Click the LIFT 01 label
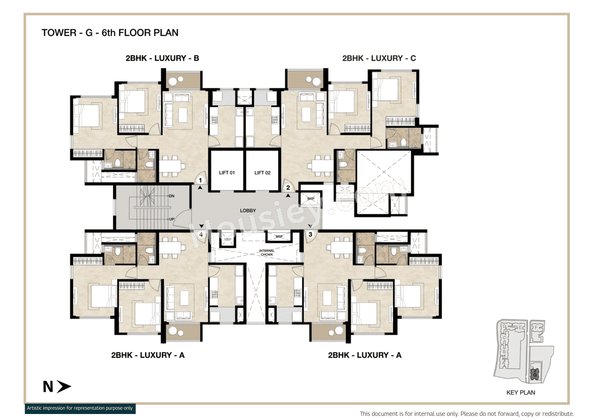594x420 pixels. (227, 173)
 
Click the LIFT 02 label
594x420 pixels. (262, 173)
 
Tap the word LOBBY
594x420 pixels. (248, 211)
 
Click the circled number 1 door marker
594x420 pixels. (200, 180)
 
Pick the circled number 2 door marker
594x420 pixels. (288, 187)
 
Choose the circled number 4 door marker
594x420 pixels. (201, 235)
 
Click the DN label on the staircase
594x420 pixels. (171, 196)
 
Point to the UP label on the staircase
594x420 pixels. (171, 219)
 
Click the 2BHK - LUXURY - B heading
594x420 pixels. (162, 58)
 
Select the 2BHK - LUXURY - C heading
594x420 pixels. (379, 58)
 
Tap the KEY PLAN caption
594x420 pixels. (520, 392)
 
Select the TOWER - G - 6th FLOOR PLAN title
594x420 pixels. (110, 32)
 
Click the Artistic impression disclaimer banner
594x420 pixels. (79, 408)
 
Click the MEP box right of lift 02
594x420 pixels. (310, 199)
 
